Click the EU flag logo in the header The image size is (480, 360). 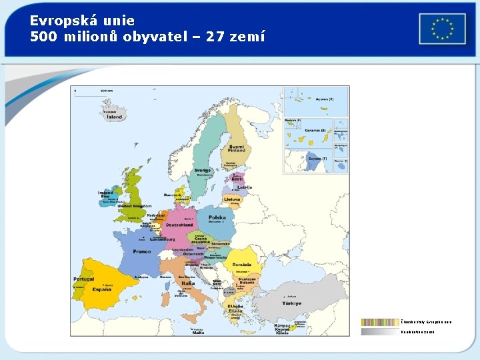point(442,29)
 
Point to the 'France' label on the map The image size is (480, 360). point(141,252)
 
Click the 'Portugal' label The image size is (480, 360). point(84,279)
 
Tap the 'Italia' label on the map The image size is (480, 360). point(189,283)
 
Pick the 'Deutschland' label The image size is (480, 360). point(179,225)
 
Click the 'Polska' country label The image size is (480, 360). point(217,217)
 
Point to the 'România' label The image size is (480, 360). point(243,265)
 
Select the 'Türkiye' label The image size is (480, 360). point(291,303)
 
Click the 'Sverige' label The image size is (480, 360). point(202,170)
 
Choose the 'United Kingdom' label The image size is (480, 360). point(135,206)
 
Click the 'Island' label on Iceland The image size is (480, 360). point(115,117)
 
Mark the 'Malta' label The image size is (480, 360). point(198,332)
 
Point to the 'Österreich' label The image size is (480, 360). point(193,254)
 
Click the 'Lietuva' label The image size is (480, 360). point(232,199)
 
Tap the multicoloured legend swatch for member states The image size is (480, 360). point(380,322)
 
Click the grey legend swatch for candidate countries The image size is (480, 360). point(380,331)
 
